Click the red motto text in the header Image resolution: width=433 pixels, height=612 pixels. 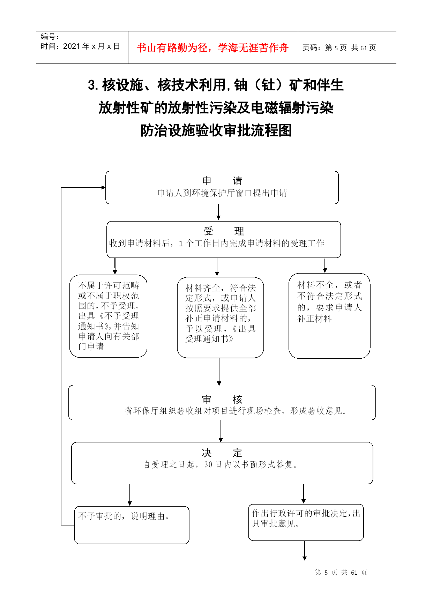point(212,48)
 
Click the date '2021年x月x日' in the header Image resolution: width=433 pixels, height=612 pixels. point(92,46)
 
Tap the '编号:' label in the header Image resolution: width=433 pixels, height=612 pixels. point(50,37)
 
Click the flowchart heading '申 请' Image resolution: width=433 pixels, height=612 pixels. point(222,181)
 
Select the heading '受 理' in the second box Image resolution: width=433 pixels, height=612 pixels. point(224,231)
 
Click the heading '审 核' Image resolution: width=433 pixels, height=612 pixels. point(222,399)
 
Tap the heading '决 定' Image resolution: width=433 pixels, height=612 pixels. point(222,453)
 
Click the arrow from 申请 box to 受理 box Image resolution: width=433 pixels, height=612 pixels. point(218,212)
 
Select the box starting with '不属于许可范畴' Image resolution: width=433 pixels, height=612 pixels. point(109,316)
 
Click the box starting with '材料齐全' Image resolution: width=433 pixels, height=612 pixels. point(221,318)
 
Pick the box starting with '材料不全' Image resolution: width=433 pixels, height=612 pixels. point(329,316)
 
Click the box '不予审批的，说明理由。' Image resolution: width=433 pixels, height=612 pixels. point(132,525)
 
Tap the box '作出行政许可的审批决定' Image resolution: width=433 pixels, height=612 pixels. point(306,522)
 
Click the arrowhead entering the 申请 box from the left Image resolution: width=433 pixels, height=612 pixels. point(104,187)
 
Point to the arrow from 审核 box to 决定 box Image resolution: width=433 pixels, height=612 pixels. point(221,431)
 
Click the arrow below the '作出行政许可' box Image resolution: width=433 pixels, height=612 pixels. point(305,551)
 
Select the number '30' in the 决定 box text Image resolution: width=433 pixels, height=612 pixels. point(208,464)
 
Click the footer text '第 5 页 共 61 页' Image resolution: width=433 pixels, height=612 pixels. point(341,572)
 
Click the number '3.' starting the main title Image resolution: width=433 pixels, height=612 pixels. point(93,85)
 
